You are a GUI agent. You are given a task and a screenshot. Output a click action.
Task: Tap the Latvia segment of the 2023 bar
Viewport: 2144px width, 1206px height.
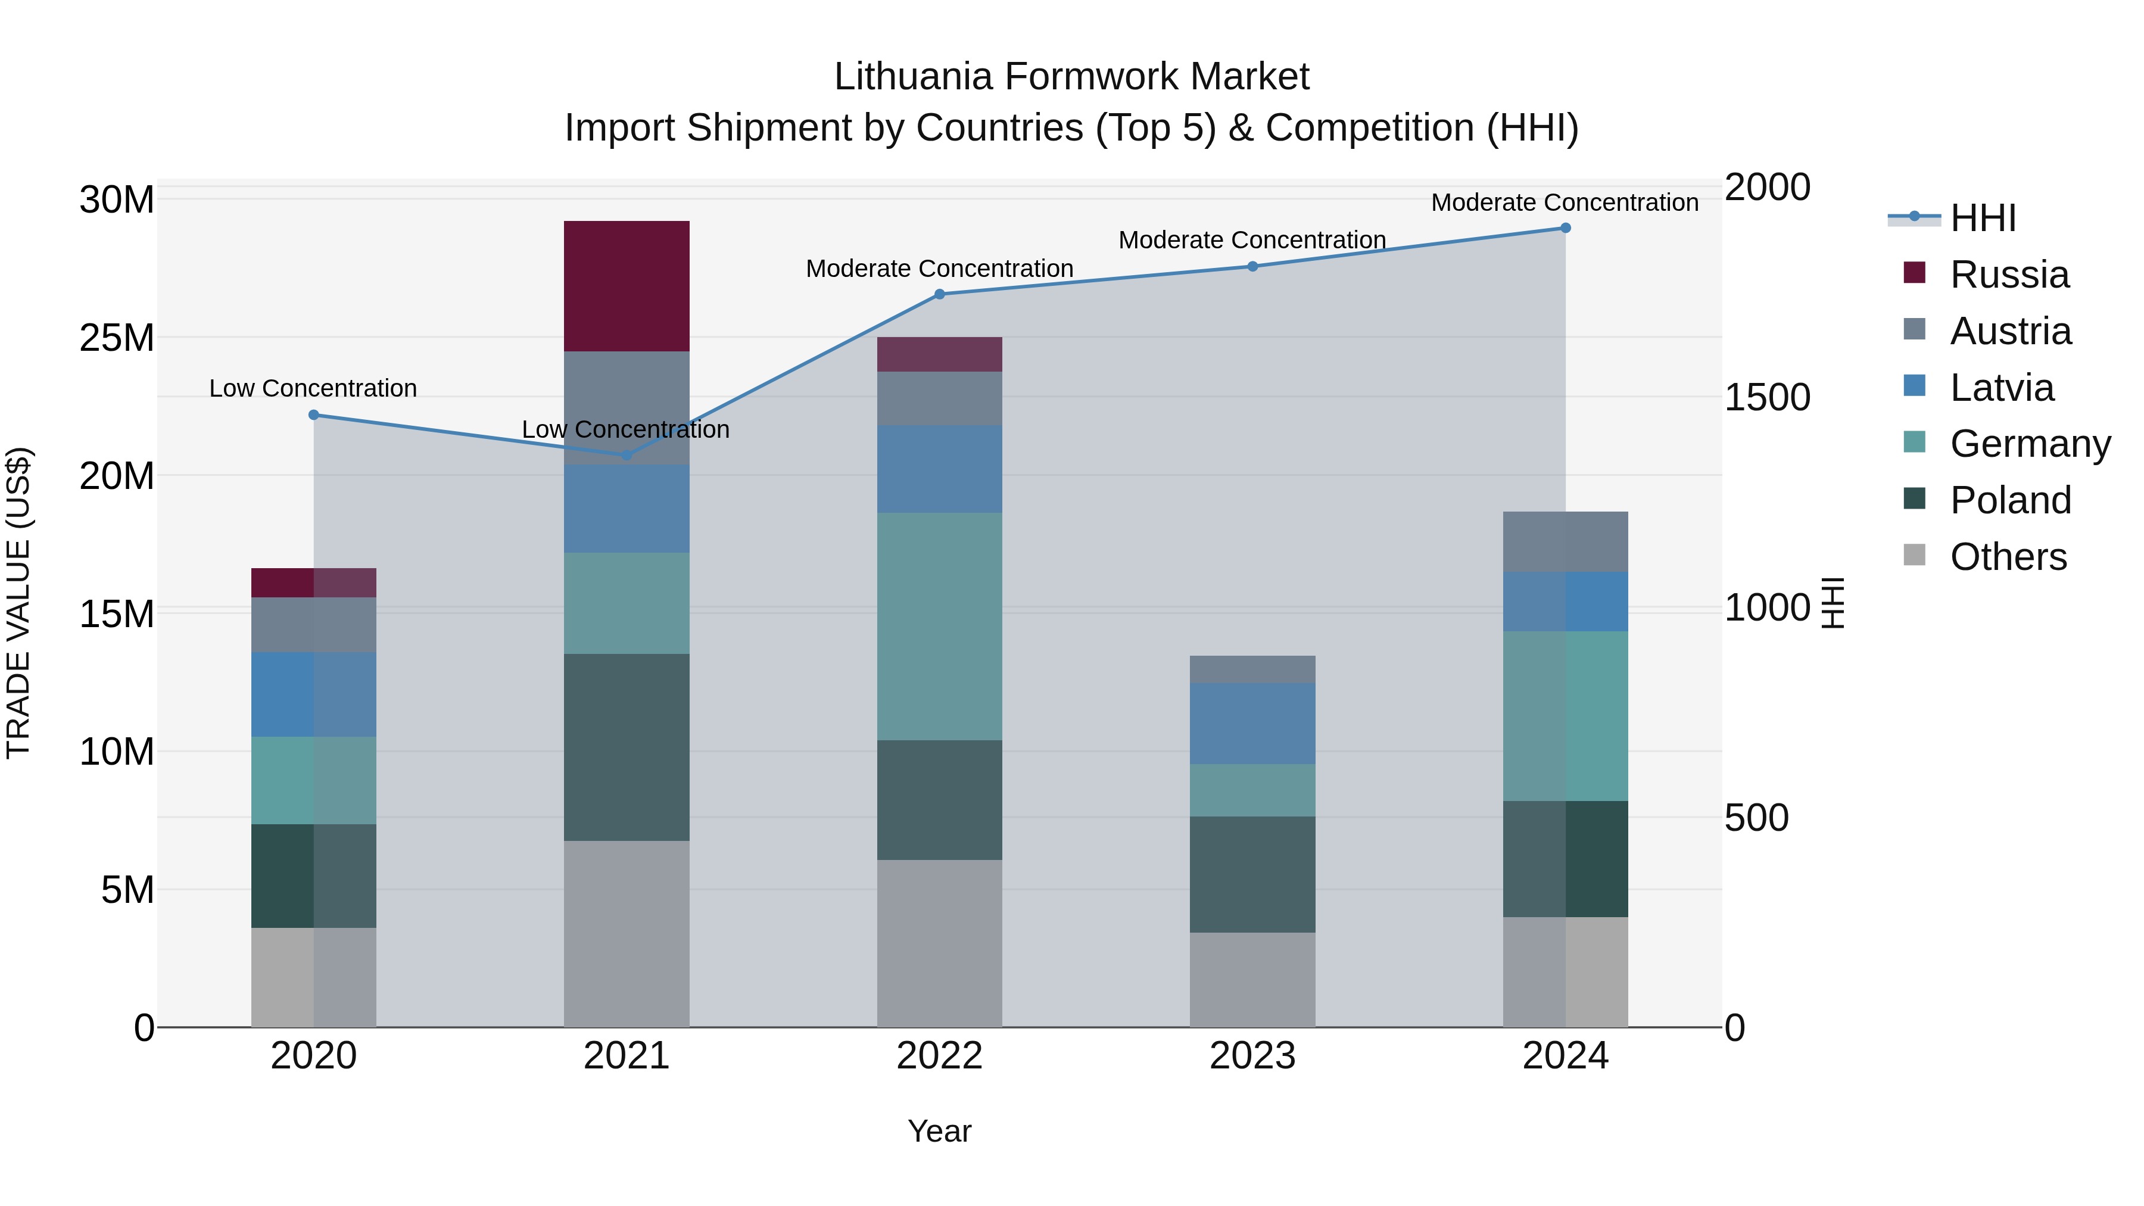tap(1252, 723)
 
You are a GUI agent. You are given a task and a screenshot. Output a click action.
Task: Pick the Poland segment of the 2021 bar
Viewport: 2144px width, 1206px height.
tap(626, 747)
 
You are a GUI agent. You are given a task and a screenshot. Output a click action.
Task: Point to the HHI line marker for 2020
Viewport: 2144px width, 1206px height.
tap(314, 415)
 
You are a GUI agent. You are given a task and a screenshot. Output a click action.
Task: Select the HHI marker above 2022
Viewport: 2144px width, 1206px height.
tap(940, 294)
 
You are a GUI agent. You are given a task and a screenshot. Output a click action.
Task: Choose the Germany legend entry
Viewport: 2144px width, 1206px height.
tap(2006, 444)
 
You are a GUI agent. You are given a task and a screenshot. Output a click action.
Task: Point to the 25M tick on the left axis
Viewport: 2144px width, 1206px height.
tap(117, 338)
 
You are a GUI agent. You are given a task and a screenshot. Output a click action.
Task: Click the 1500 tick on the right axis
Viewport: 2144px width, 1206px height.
tap(1766, 397)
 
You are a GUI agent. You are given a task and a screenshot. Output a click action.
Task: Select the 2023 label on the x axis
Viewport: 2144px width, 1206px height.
tap(1252, 1056)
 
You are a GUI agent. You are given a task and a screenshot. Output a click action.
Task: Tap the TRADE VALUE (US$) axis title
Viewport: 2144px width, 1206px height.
tap(18, 603)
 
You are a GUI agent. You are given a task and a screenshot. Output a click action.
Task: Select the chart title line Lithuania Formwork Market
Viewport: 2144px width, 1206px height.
tap(1071, 77)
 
